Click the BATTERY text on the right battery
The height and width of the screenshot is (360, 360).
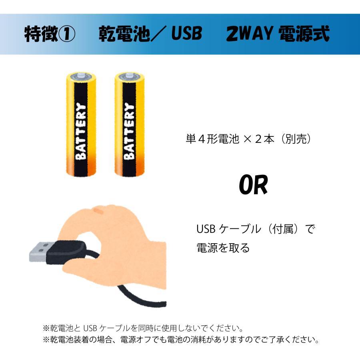tap(129, 132)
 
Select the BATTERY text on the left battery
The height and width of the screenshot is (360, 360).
tap(80, 132)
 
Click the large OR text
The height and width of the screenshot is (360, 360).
tap(253, 185)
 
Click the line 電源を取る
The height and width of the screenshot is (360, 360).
tap(223, 248)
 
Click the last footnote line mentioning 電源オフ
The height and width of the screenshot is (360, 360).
tap(180, 340)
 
